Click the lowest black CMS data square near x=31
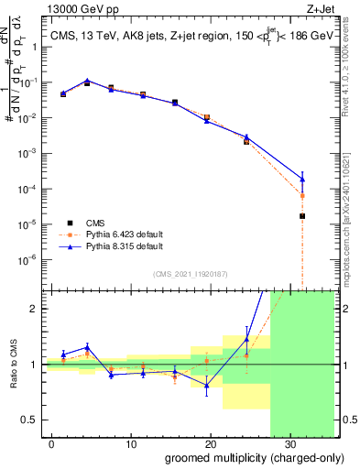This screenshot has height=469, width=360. [302, 216]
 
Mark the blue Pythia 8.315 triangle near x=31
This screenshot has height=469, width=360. [302, 179]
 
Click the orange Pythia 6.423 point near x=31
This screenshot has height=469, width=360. [302, 196]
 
